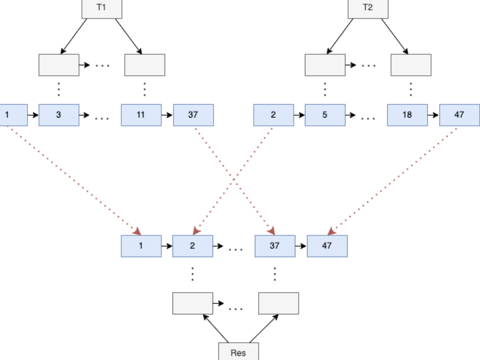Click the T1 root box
pyautogui.click(x=102, y=8)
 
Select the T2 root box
pyautogui.click(x=368, y=8)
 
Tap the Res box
pyautogui.click(x=239, y=352)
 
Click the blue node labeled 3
pyautogui.click(x=59, y=115)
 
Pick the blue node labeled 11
pyautogui.click(x=141, y=115)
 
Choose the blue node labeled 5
pyautogui.click(x=325, y=115)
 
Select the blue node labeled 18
pyautogui.click(x=407, y=115)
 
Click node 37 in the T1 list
pyautogui.click(x=193, y=115)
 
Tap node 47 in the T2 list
pyautogui.click(x=459, y=115)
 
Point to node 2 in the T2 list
pyautogui.click(x=273, y=115)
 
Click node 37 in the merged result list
pyautogui.click(x=274, y=246)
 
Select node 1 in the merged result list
pyautogui.click(x=141, y=246)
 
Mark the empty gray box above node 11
pyautogui.click(x=145, y=65)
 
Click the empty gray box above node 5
pyautogui.click(x=325, y=65)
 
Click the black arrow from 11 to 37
pyautogui.click(x=167, y=115)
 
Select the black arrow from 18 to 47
pyautogui.click(x=433, y=115)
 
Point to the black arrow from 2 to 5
pyautogui.click(x=299, y=115)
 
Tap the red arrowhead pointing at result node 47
pyautogui.click(x=331, y=231)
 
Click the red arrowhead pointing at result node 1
pyautogui.click(x=137, y=230)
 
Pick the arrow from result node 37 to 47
pyautogui.click(x=301, y=246)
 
